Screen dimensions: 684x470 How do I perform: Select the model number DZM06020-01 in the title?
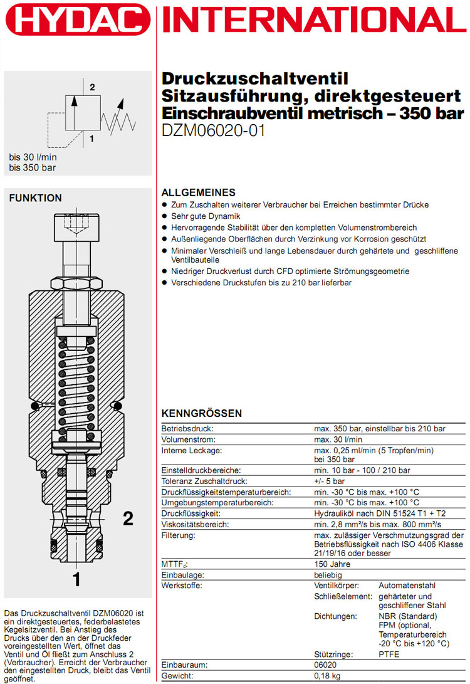point(214,131)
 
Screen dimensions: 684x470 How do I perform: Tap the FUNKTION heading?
point(35,198)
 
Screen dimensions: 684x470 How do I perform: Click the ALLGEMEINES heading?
point(199,192)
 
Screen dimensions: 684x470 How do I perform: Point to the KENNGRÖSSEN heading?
point(202,414)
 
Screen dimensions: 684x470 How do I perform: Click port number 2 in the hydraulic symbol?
point(92,87)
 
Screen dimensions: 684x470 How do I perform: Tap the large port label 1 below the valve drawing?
point(76,579)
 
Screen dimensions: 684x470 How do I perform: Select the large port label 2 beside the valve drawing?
point(128,518)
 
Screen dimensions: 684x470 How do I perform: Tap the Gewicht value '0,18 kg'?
point(328,676)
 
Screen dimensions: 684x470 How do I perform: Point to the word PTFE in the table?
point(389,654)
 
